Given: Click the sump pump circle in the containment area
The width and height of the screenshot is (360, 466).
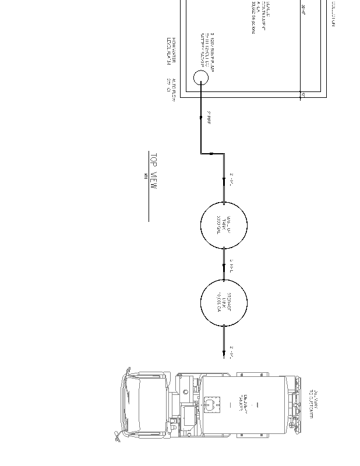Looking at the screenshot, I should [200, 77].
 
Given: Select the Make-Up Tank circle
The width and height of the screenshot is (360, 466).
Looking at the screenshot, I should [224, 225].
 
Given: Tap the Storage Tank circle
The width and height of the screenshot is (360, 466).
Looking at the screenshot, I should [224, 302].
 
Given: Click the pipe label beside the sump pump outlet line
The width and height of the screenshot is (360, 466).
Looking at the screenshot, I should [209, 118].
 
